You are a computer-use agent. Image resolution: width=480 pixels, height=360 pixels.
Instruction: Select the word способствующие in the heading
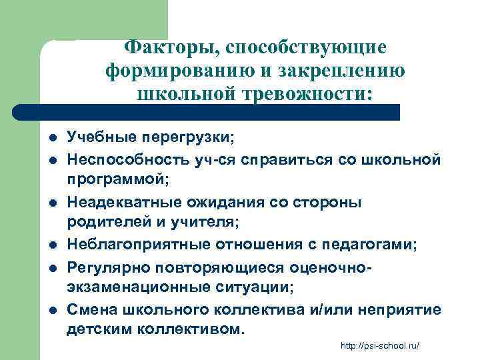tap(306, 47)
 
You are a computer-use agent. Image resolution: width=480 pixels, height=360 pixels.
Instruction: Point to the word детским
tap(99, 330)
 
